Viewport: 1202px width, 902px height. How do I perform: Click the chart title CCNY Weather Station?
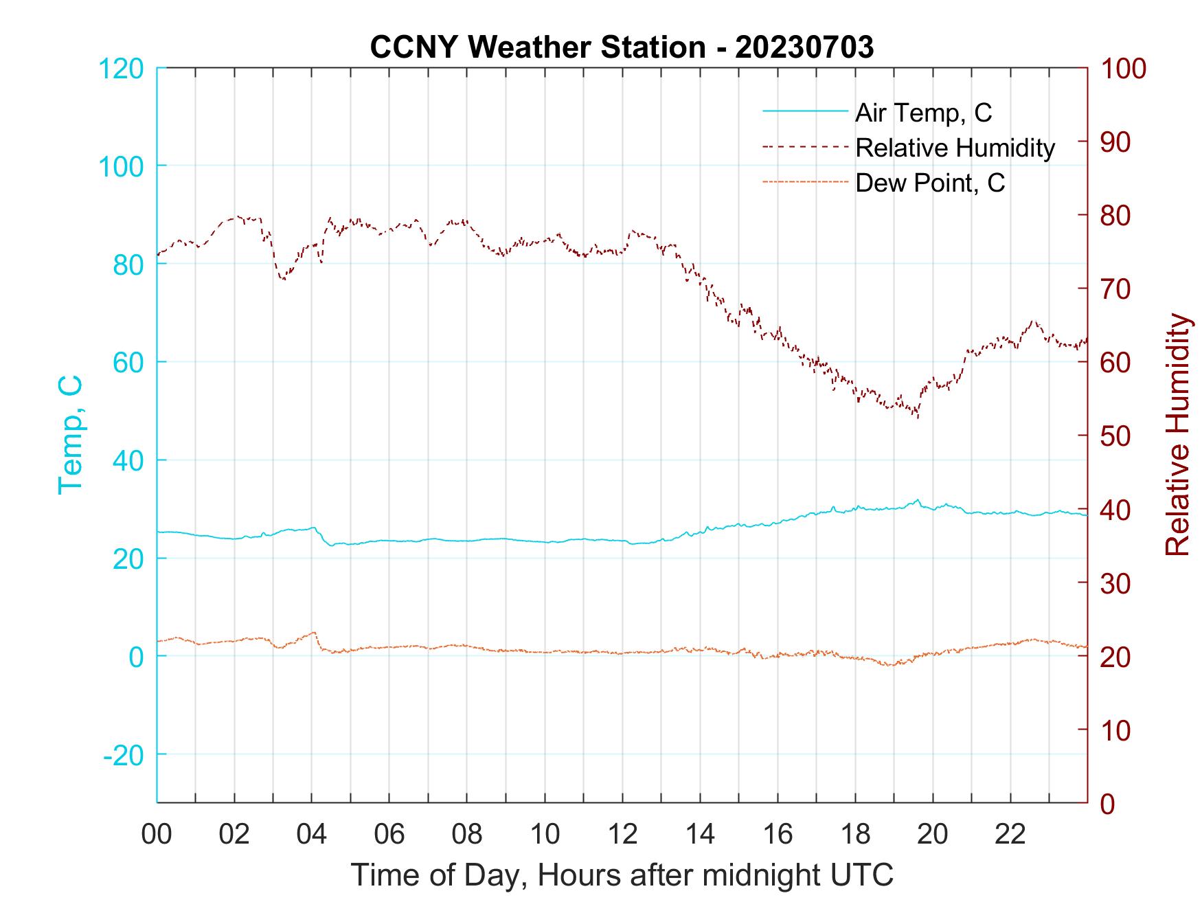coord(622,47)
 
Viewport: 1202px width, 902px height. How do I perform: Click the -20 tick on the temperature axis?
coord(123,755)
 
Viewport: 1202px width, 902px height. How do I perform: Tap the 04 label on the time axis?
coord(312,835)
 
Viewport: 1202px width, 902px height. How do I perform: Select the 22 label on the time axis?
coord(1010,835)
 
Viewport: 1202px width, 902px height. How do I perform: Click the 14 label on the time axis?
coord(700,835)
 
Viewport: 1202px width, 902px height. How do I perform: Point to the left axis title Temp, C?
coord(70,434)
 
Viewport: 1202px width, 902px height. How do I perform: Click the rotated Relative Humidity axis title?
coord(1177,434)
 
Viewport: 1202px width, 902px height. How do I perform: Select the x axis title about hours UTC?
coord(622,875)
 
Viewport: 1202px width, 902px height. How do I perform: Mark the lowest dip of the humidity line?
coord(918,416)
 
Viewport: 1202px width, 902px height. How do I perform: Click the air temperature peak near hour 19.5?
coord(918,500)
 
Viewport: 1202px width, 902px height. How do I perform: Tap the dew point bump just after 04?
coord(314,633)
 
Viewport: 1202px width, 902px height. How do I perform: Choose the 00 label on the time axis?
coord(157,835)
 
